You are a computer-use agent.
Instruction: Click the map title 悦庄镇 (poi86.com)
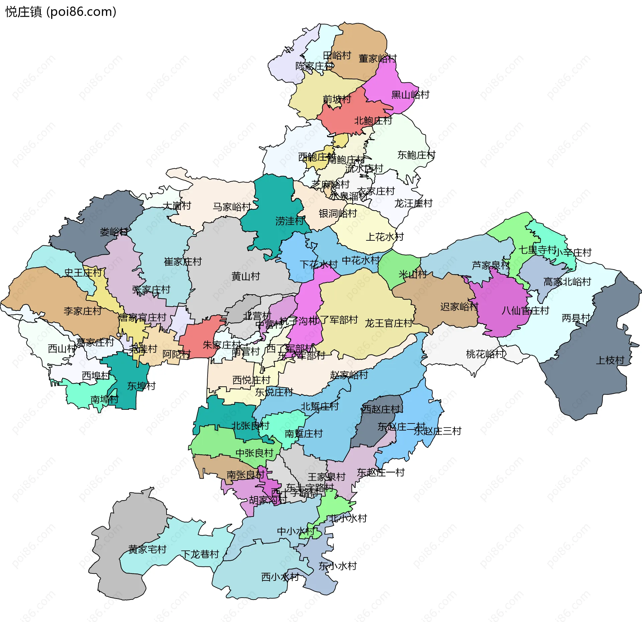click(x=61, y=12)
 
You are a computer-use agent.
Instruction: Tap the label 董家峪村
click(x=378, y=59)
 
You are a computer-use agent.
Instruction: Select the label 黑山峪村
click(x=410, y=95)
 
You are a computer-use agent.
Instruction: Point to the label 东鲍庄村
click(x=416, y=155)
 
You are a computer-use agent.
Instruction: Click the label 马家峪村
click(x=232, y=207)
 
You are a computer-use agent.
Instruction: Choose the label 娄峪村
click(x=114, y=232)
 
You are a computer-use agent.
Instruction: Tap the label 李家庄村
click(x=83, y=311)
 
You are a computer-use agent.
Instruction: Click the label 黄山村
click(x=245, y=276)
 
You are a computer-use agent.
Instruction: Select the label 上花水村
click(x=385, y=237)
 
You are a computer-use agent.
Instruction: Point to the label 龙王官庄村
click(x=388, y=323)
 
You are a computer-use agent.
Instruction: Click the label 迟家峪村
click(x=459, y=307)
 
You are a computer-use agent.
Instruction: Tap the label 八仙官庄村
click(x=525, y=311)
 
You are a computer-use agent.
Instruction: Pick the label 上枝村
click(x=610, y=360)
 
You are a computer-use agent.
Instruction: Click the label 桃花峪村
click(x=485, y=354)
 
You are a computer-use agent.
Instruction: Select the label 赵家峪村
click(x=349, y=375)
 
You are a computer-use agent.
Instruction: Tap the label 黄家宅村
click(x=147, y=549)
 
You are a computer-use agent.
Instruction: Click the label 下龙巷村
click(x=200, y=554)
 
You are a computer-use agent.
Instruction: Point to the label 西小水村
click(x=280, y=577)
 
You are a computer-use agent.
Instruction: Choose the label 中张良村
click(x=254, y=453)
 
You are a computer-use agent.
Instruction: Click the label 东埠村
click(x=141, y=386)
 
